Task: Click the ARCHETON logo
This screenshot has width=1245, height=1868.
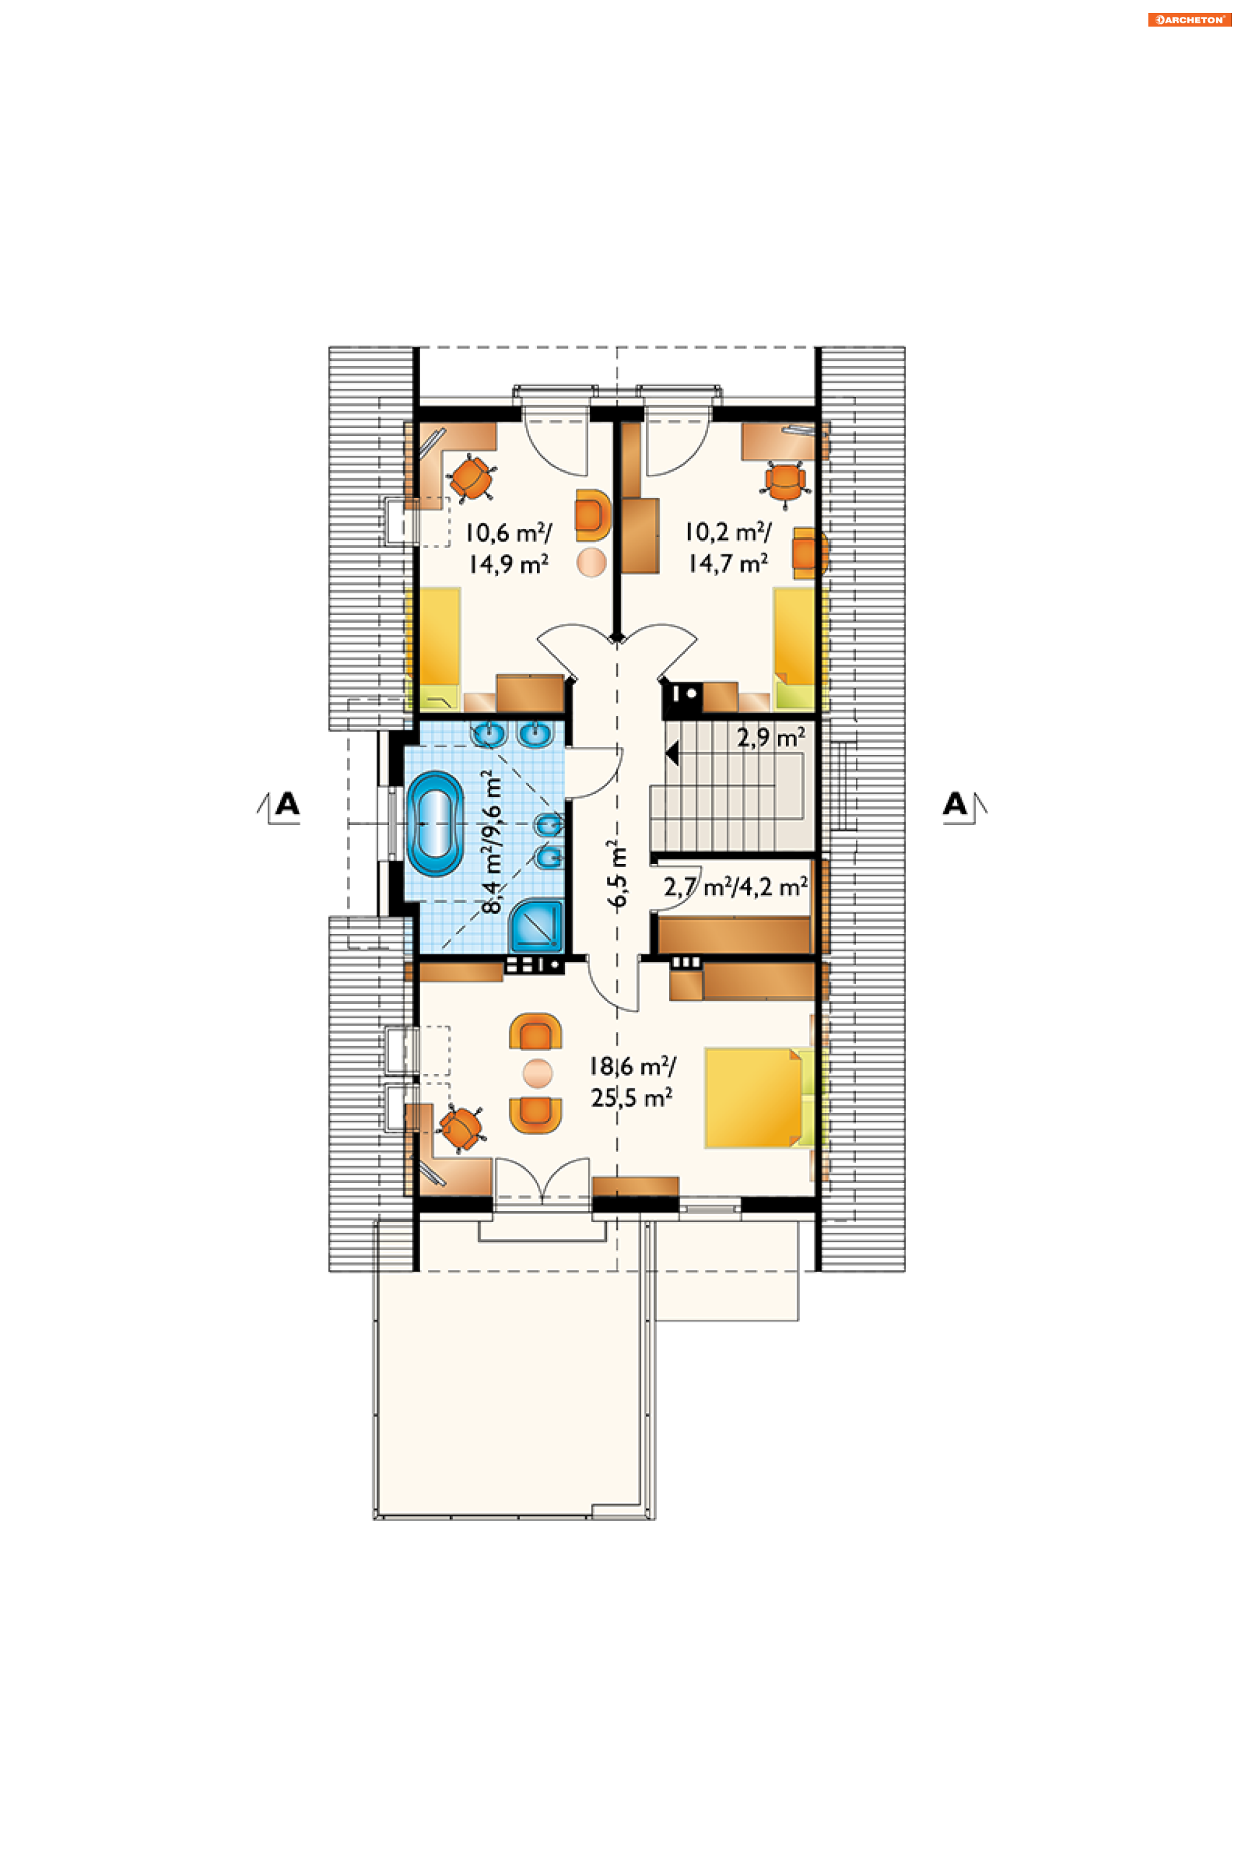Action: [x=1189, y=19]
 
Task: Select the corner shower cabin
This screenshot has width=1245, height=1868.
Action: [x=536, y=926]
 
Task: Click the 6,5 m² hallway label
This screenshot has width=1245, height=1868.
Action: [x=617, y=874]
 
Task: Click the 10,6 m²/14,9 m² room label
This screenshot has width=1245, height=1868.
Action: [x=508, y=548]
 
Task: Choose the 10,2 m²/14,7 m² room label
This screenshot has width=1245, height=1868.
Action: [x=728, y=547]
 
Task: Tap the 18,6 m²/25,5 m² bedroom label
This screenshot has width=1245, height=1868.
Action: [x=632, y=1081]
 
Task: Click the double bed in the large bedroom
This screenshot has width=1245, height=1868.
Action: [x=760, y=1097]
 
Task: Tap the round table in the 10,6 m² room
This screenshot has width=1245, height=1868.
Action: [x=591, y=562]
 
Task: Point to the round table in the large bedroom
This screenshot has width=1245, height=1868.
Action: [x=538, y=1073]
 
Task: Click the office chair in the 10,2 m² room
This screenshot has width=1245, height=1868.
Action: [x=785, y=482]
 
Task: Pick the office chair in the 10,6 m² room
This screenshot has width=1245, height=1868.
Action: [x=471, y=477]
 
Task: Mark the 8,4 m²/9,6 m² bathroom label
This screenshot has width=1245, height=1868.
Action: [x=492, y=841]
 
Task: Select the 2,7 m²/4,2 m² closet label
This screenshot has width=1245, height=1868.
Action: [x=736, y=885]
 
